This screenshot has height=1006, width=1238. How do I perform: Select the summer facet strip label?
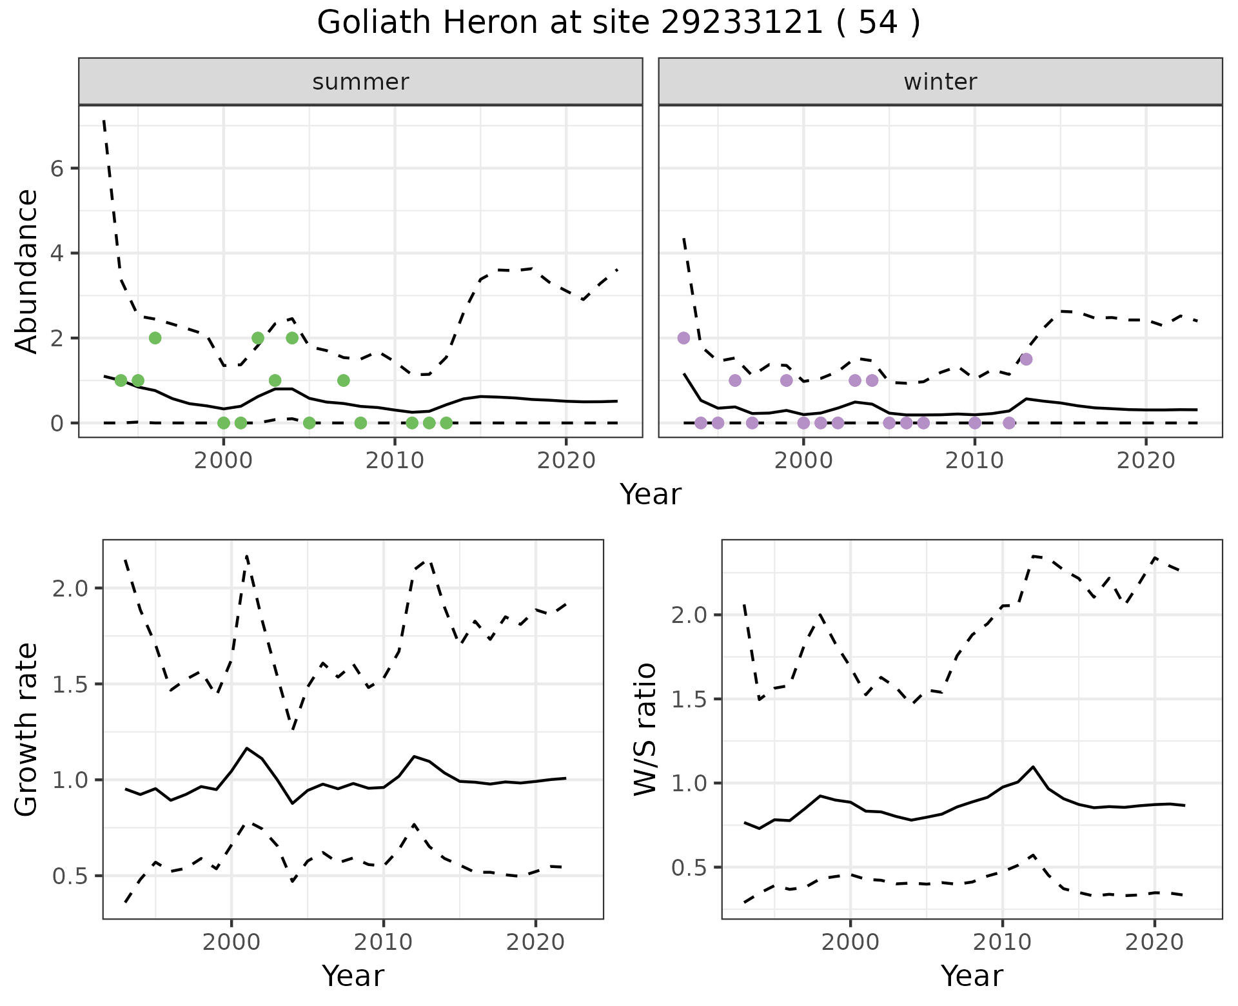(x=360, y=82)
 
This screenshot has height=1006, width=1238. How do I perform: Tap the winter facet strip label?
(x=940, y=82)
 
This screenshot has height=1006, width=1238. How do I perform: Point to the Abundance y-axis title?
(x=27, y=271)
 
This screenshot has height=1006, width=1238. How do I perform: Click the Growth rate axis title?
(x=27, y=729)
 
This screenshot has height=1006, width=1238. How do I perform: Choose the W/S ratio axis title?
(x=645, y=729)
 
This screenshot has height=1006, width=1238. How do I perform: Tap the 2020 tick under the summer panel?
(x=565, y=461)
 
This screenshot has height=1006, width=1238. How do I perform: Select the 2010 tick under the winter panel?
(x=974, y=461)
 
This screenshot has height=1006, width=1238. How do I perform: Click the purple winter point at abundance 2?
(x=683, y=338)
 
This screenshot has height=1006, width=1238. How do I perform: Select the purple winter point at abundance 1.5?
(x=1027, y=359)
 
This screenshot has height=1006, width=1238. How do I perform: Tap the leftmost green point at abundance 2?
(x=155, y=338)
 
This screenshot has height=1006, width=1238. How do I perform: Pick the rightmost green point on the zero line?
(x=446, y=423)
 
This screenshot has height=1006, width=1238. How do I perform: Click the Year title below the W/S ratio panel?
(x=972, y=976)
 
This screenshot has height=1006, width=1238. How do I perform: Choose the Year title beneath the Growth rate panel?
(x=353, y=976)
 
